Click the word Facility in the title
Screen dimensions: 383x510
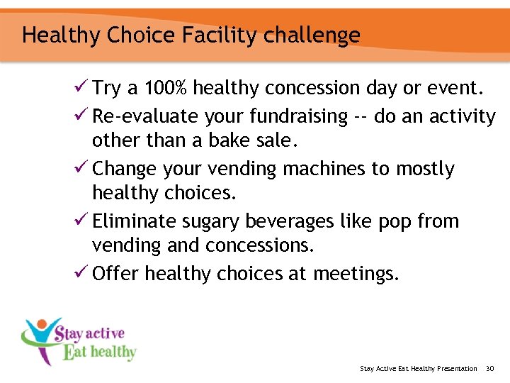[210, 35]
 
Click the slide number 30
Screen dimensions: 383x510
[489, 368]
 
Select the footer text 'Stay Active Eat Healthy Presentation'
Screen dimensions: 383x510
[419, 368]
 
